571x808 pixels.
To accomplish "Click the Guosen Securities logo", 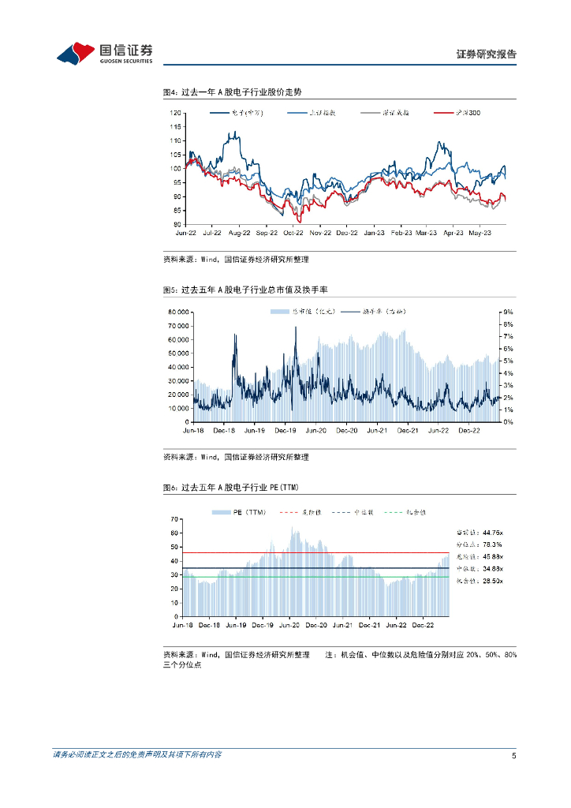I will [104, 53].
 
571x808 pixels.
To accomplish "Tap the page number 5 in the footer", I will [513, 756].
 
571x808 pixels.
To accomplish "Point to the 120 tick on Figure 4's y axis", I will [176, 113].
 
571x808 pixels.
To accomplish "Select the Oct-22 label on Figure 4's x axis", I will [293, 234].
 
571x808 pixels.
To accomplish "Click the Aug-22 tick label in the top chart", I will [239, 234].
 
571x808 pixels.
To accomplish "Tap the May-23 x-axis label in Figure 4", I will [480, 234].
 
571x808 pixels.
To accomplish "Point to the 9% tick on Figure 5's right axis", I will [509, 312].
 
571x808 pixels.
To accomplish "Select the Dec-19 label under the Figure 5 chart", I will [285, 431].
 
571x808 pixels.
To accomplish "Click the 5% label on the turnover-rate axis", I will [509, 361].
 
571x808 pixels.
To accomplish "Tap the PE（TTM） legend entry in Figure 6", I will [240, 513].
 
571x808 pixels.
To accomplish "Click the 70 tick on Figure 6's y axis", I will [176, 519].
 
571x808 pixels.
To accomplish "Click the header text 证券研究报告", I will [487, 54].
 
